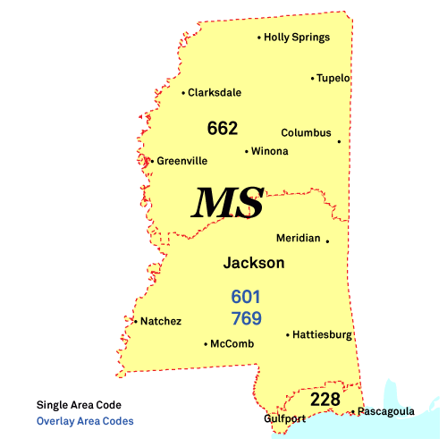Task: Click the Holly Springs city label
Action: point(297,38)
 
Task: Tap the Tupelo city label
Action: point(333,78)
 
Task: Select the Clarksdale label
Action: point(215,92)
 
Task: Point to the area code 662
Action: point(222,128)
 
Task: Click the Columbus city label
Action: point(306,133)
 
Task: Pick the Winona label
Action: point(269,151)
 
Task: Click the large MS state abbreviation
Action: point(229,204)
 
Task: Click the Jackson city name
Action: point(254,263)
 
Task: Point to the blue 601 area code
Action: point(246,296)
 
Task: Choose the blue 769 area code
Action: point(246,318)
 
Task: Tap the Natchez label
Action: point(161,321)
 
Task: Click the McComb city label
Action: point(232,343)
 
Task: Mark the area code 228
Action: point(325,399)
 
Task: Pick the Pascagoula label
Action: point(385,412)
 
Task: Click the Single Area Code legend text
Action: point(79,405)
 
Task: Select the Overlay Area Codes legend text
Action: point(85,420)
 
